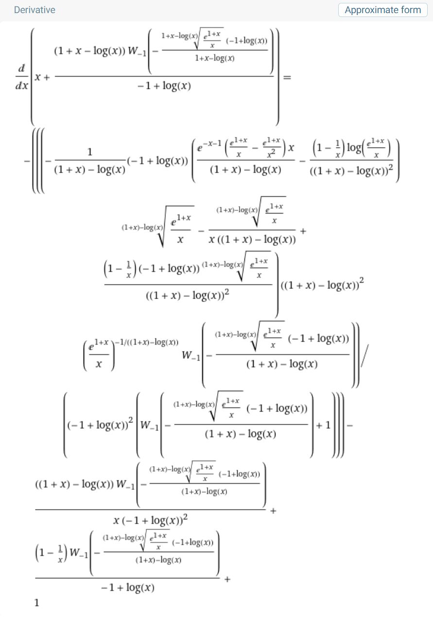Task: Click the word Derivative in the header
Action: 35,10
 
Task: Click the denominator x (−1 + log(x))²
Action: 151,520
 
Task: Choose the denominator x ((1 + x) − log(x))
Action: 252,239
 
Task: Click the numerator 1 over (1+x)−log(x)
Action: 90,152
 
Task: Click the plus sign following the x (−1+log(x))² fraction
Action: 273,510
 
